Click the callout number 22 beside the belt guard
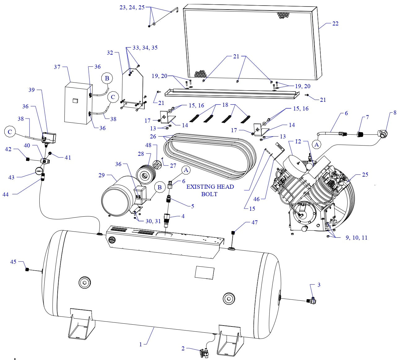click(x=335, y=24)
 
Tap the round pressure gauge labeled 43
click(x=39, y=171)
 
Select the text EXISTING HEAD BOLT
click(x=210, y=190)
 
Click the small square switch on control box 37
click(x=75, y=101)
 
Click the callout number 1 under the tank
click(x=140, y=344)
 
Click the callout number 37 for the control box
click(x=57, y=67)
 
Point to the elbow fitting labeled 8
click(x=383, y=134)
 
